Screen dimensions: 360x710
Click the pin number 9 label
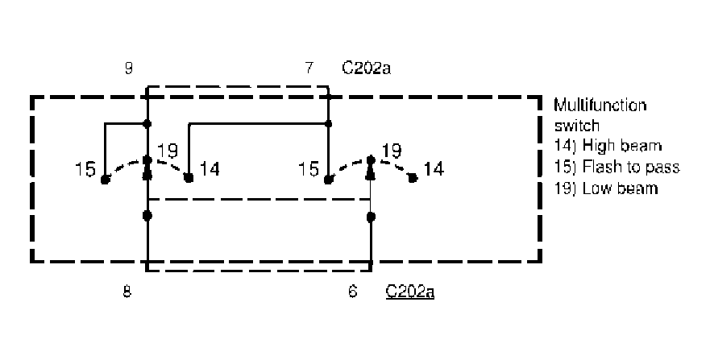tap(128, 68)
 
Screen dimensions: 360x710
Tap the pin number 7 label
tap(309, 68)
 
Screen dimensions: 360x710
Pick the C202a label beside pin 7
tap(366, 68)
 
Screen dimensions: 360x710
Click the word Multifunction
tap(600, 106)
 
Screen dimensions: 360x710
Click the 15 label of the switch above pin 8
tap(84, 170)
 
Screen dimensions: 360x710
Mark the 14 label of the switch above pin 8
tap(208, 170)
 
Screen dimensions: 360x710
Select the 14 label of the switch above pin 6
tap(433, 170)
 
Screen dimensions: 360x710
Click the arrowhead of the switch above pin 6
tap(371, 172)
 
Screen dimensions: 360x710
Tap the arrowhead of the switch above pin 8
tap(147, 172)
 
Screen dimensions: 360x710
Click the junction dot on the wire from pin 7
tap(329, 124)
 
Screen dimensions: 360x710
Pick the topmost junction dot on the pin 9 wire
tap(147, 123)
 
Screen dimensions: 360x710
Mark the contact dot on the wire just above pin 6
tap(371, 216)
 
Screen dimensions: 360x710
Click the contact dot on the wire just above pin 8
tap(147, 216)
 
